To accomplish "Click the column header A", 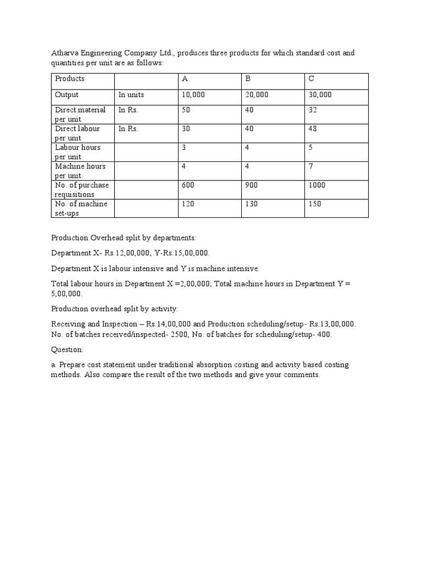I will (185, 79).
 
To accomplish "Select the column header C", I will (312, 79).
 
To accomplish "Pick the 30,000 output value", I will (320, 95).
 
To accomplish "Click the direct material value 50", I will (186, 110).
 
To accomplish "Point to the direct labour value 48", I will (313, 129).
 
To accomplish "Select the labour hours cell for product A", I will (184, 148).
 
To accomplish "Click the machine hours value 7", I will (310, 166).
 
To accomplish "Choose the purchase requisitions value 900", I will (252, 185).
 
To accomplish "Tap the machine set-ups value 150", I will (315, 204).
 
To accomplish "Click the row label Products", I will (70, 79).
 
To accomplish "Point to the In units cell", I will (131, 95).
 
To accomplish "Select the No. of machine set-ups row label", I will (82, 209).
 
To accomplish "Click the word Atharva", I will (65, 53).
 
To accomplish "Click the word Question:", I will (67, 350).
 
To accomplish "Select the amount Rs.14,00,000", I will (168, 324).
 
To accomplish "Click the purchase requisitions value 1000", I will (316, 185).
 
